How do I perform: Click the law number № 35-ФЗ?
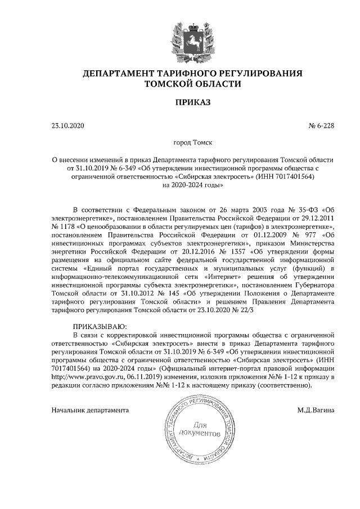tap(300, 209)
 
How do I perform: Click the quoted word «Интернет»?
tap(225, 276)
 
